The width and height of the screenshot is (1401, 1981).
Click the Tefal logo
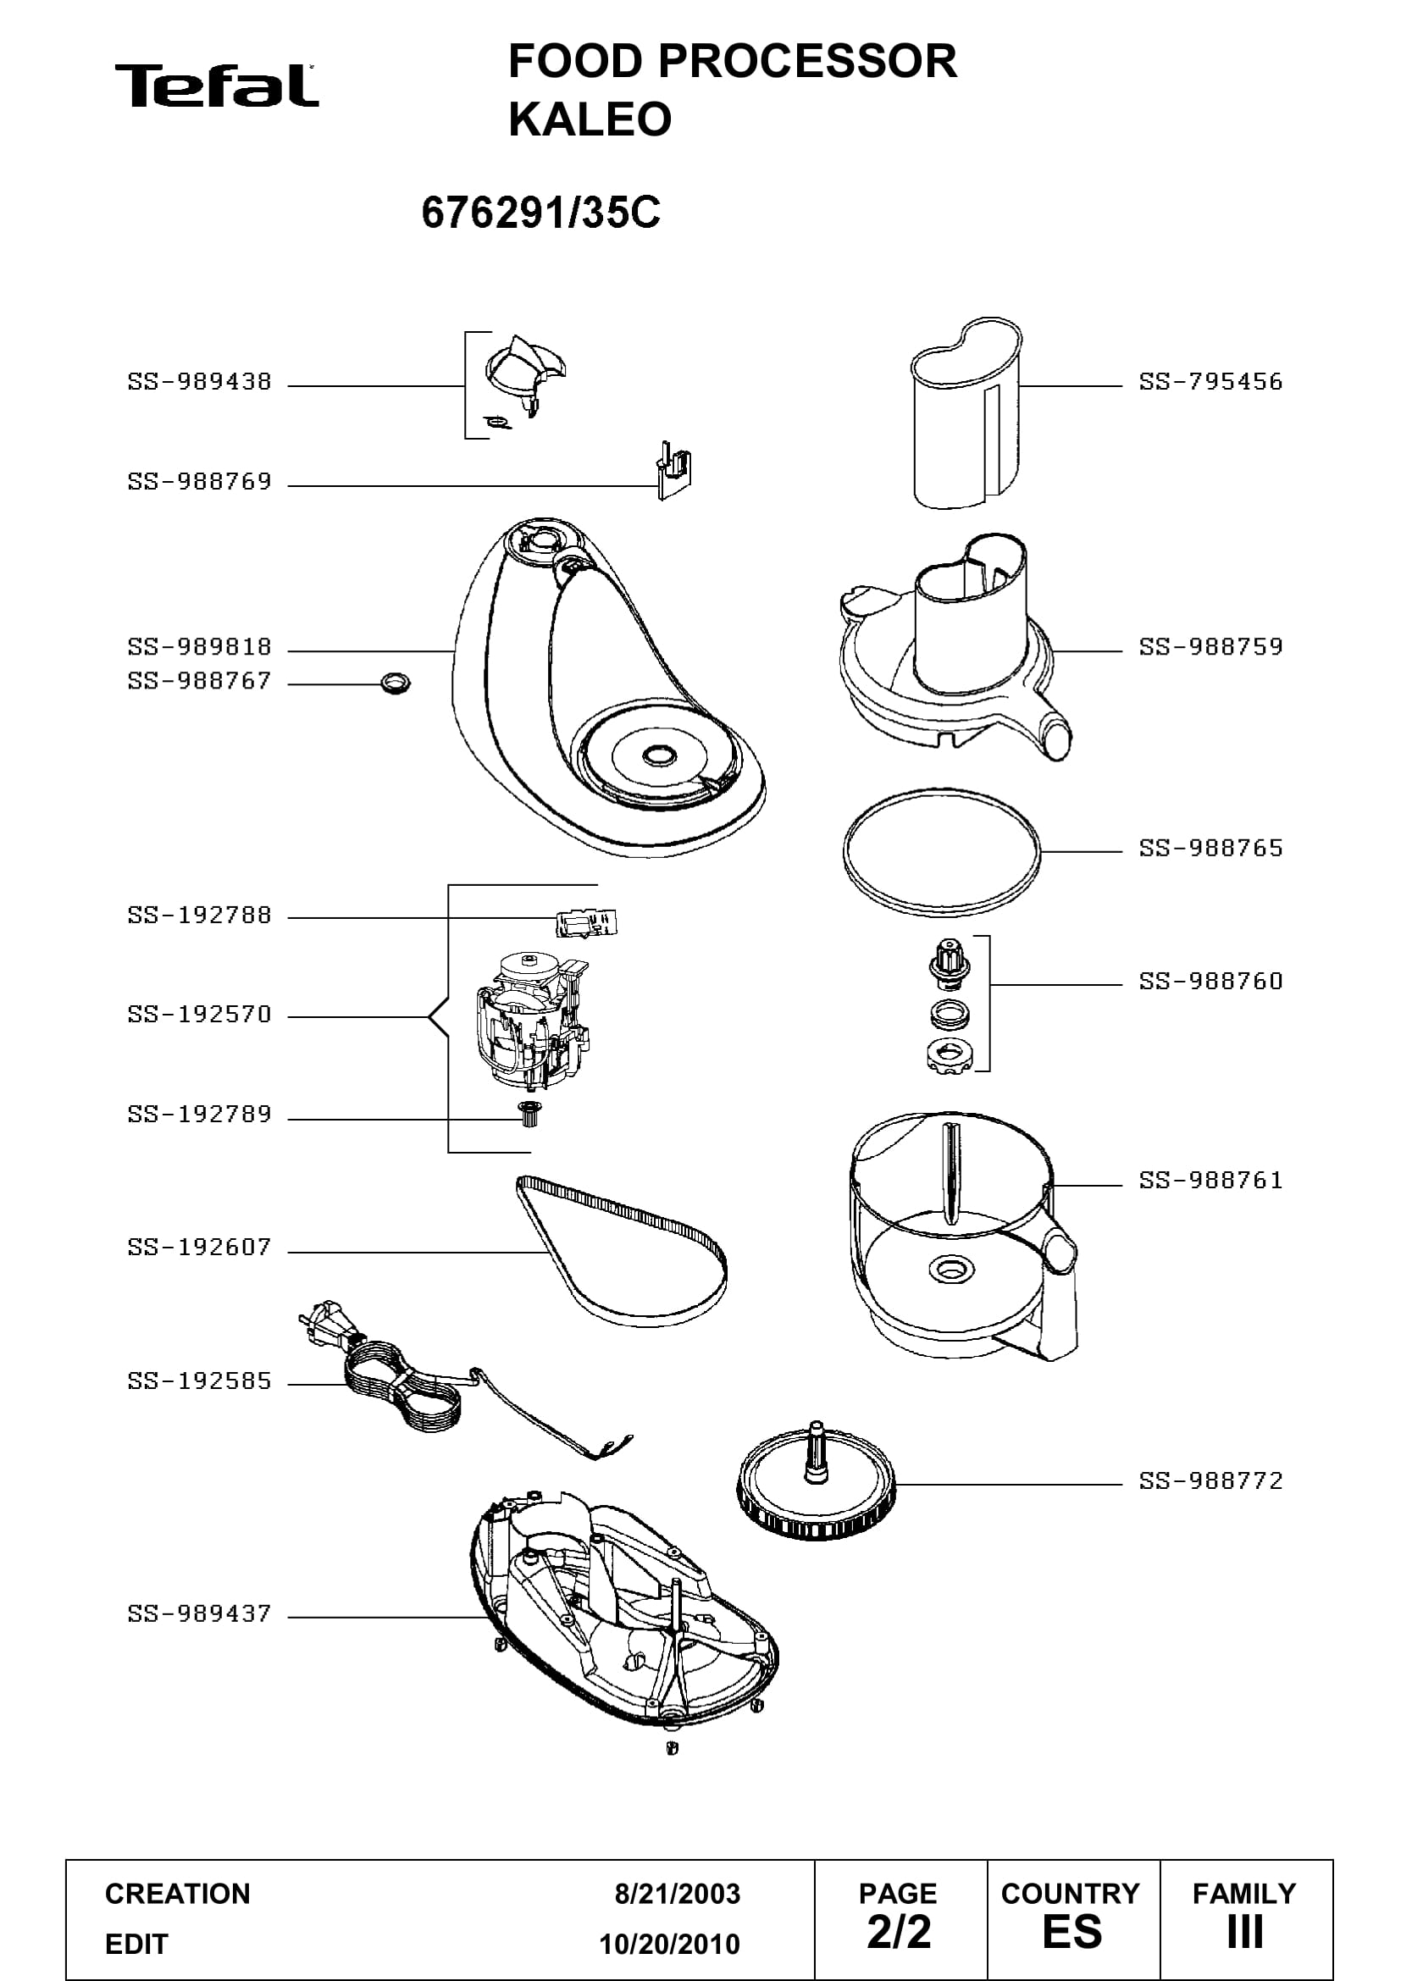pos(217,86)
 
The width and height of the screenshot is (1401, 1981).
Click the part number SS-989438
pos(199,381)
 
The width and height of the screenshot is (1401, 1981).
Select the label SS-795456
pos(1210,381)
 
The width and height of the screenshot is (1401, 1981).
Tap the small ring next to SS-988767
pos(395,684)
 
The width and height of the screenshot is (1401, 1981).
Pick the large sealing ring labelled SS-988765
pos(942,850)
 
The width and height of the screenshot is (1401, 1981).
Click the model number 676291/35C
pos(541,213)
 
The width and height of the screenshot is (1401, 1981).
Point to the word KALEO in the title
pos(590,119)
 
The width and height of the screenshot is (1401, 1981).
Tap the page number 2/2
pos(899,1932)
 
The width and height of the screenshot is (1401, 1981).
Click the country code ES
pos(1072,1932)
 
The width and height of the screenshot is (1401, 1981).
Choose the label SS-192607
pos(199,1247)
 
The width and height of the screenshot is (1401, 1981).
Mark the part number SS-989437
pos(199,1613)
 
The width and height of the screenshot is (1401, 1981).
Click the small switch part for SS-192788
pos(588,922)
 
